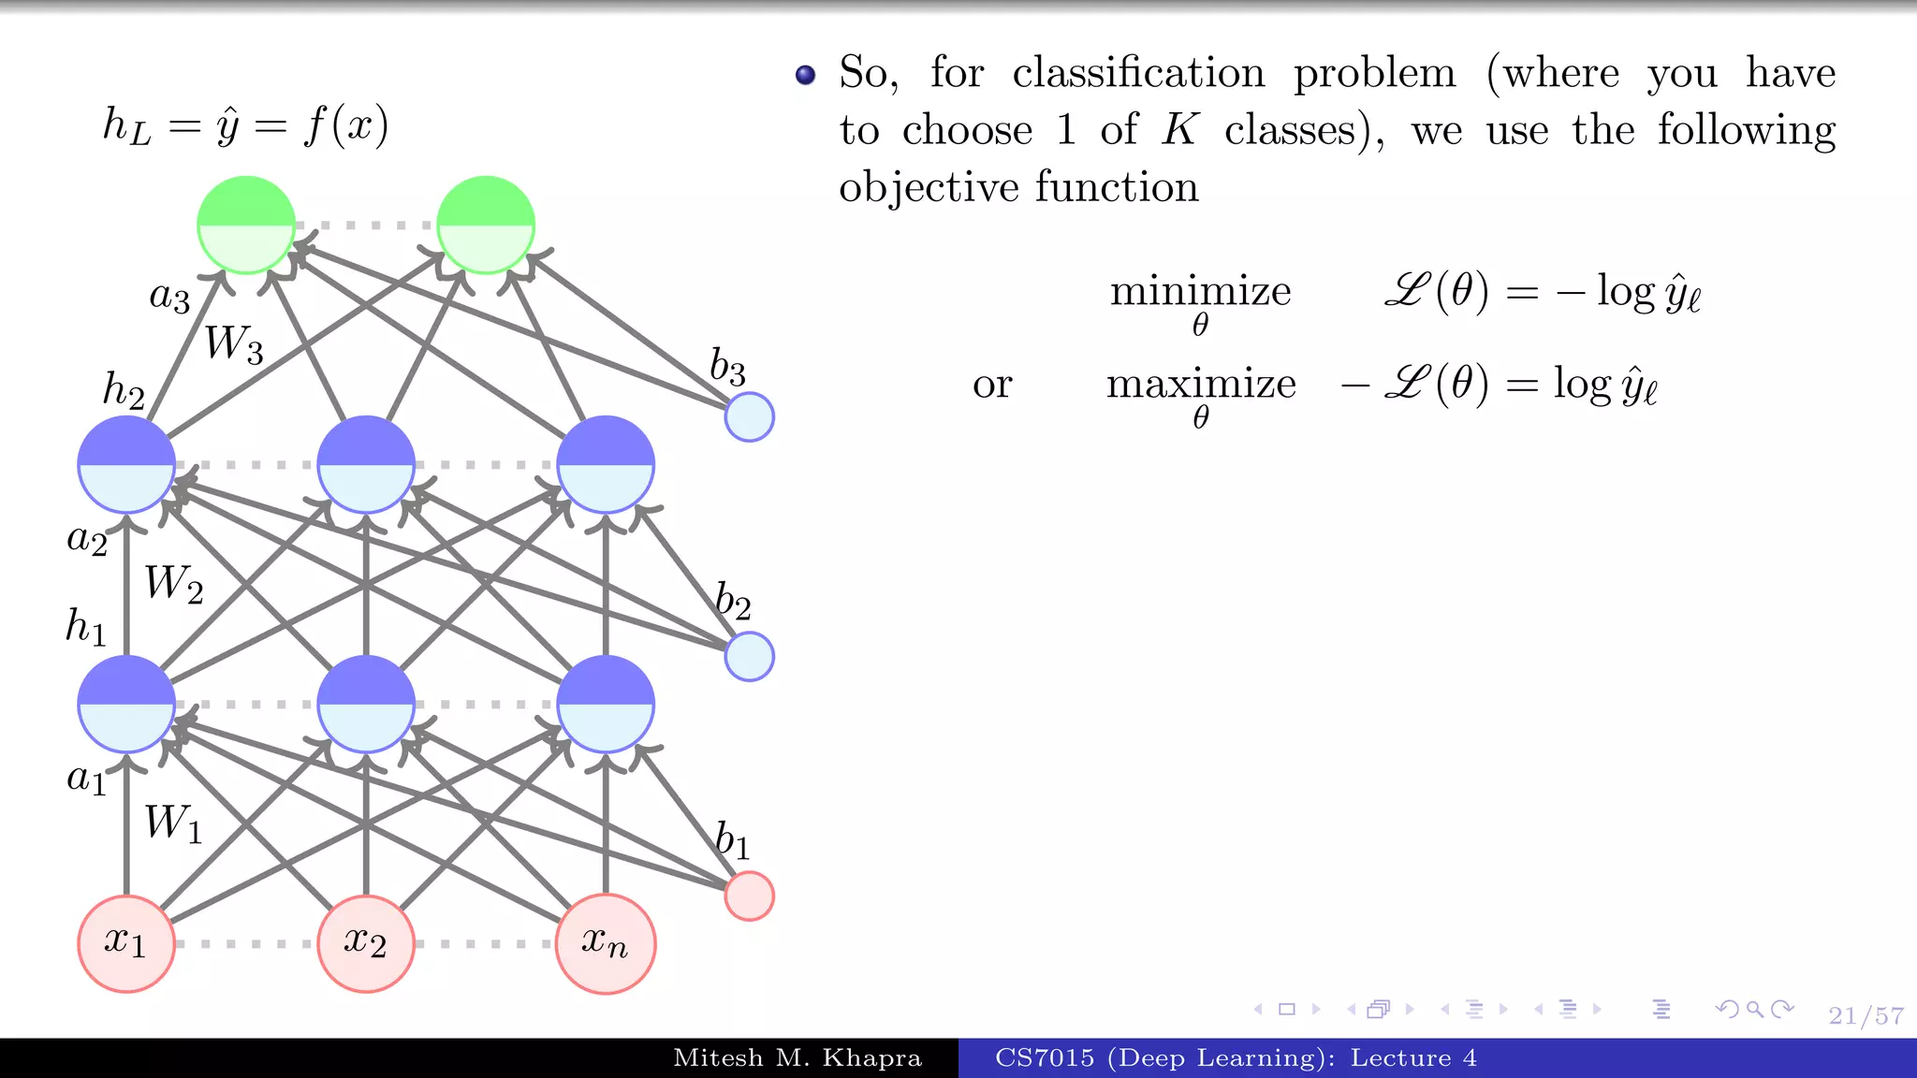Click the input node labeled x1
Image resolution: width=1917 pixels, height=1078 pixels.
(x=126, y=943)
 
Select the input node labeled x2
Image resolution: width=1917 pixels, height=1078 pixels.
(x=366, y=943)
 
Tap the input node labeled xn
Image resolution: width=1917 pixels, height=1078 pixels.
(x=606, y=943)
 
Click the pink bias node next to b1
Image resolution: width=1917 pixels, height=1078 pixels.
(x=749, y=896)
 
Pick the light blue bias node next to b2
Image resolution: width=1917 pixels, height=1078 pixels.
(x=749, y=656)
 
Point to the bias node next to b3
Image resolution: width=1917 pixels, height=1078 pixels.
(x=749, y=416)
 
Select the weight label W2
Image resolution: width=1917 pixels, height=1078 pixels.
(x=173, y=584)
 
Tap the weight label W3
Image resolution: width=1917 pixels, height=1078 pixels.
(x=233, y=344)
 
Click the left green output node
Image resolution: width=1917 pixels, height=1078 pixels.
(x=246, y=225)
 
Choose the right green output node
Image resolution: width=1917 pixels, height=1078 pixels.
(x=486, y=225)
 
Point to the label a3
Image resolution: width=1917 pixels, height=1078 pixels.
(x=169, y=297)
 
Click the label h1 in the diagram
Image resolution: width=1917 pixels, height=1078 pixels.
(x=85, y=626)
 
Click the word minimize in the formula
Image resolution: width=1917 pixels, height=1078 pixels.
(x=1200, y=291)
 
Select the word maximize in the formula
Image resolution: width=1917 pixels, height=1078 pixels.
(x=1201, y=384)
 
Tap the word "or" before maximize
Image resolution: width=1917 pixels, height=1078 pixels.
(x=992, y=385)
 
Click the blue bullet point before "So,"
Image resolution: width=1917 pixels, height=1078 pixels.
(x=805, y=75)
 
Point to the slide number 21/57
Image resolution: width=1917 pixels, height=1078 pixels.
(x=1866, y=1015)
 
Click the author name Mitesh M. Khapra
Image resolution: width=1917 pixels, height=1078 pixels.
(x=798, y=1058)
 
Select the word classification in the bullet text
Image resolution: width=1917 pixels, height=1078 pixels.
(x=1138, y=73)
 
